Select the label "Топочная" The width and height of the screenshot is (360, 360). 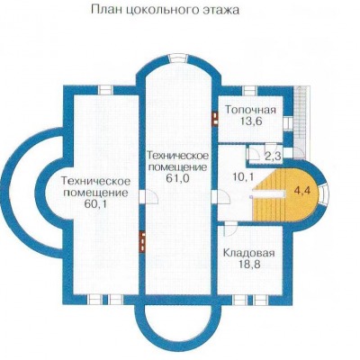coord(250,110)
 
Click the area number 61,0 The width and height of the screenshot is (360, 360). coord(177,178)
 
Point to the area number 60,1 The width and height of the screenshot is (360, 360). coord(95,204)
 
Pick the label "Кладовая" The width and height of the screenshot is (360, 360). coord(249,253)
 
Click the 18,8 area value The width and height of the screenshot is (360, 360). coord(249,265)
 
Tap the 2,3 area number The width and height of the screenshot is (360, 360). coord(273,156)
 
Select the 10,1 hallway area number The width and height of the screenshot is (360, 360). coord(243,176)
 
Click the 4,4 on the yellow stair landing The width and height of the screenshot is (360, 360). coord(302,191)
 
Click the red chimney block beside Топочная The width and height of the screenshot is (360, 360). coord(215,119)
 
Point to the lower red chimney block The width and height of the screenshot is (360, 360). coord(142,240)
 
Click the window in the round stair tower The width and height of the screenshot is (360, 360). coord(324,194)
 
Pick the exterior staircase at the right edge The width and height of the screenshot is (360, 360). coord(301,122)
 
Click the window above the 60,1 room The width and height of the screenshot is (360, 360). coord(105,90)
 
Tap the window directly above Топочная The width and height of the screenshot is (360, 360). coord(249,90)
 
